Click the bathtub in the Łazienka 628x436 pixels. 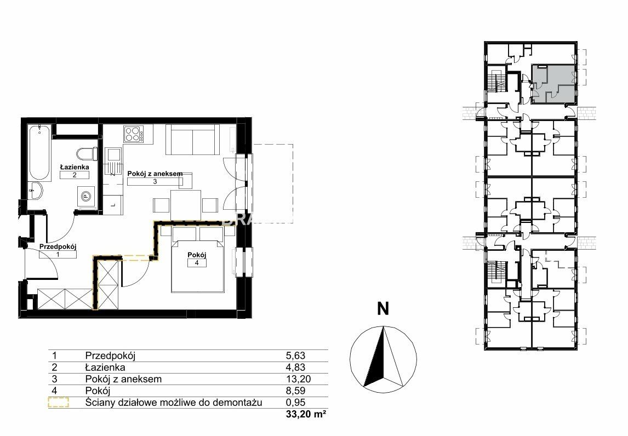pyautogui.click(x=39, y=153)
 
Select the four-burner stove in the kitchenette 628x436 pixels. pyautogui.click(x=134, y=134)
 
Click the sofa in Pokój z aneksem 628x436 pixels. pyautogui.click(x=193, y=139)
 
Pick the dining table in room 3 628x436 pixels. pyautogui.click(x=185, y=205)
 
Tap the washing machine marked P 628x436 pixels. pyautogui.click(x=85, y=196)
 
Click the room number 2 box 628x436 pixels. pyautogui.click(x=75, y=175)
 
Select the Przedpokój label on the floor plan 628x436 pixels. pyautogui.click(x=58, y=247)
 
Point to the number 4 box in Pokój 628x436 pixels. pyautogui.click(x=197, y=263)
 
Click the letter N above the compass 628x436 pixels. pyautogui.click(x=383, y=309)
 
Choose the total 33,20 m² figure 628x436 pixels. pyautogui.click(x=305, y=415)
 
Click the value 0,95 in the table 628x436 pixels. pyautogui.click(x=296, y=403)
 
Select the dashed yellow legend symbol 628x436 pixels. pyautogui.click(x=58, y=403)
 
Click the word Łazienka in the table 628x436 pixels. pyautogui.click(x=105, y=367)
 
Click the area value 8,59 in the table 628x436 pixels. pyautogui.click(x=296, y=391)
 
